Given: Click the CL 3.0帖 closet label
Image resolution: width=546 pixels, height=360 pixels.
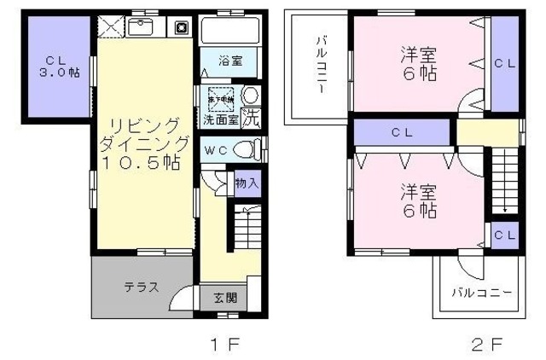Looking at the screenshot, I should pos(56,67).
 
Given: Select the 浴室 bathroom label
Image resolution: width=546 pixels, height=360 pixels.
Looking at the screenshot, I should pos(229,61).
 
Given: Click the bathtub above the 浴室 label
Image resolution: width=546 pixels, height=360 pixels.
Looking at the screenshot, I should pos(229,32).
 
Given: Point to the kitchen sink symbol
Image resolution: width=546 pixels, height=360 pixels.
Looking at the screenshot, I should pos(142,26).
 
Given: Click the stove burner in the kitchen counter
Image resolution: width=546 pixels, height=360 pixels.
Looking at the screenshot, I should pos(182,26).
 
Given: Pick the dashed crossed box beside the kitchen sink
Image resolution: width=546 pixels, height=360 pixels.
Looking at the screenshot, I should pos(110,26).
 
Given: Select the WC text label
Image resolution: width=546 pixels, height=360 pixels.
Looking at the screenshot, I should pos(214,150).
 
